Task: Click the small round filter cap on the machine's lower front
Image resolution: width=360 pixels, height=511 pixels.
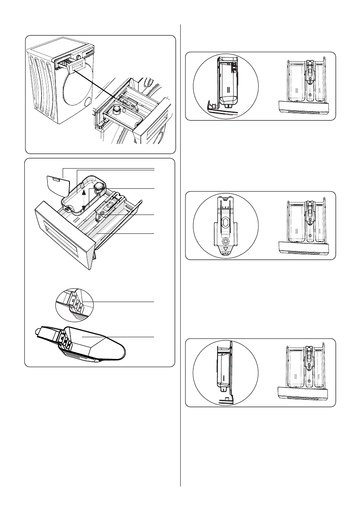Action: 88,102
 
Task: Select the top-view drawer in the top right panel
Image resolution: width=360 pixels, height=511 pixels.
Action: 305,86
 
